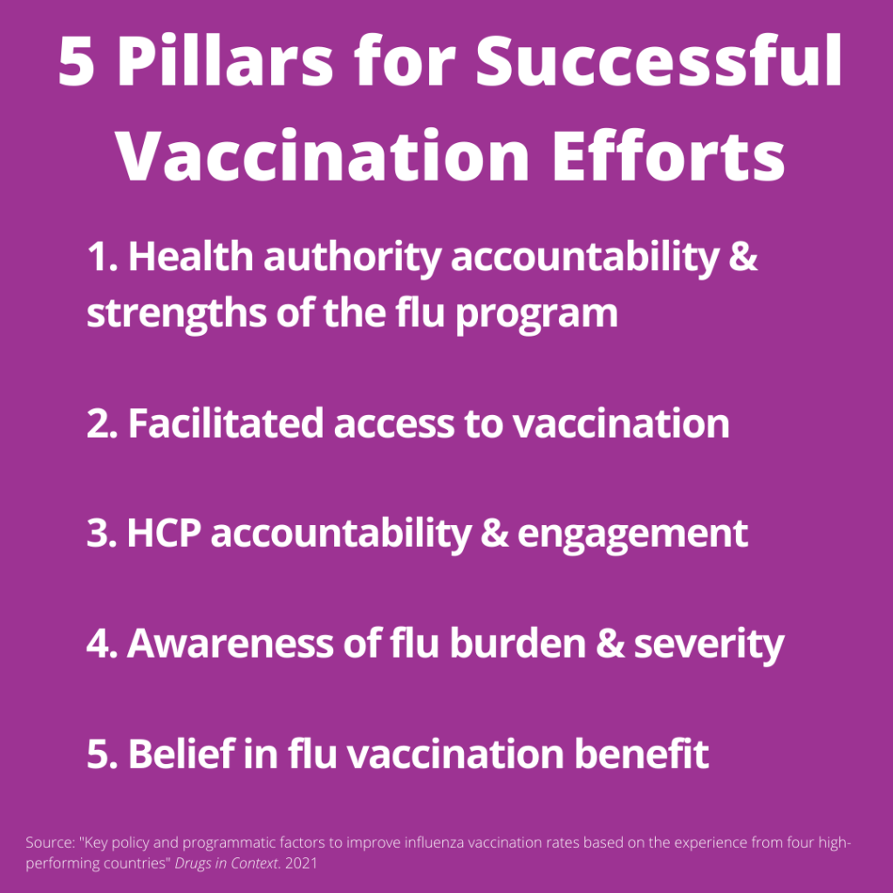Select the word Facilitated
[x=229, y=423]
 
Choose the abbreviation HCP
[x=163, y=533]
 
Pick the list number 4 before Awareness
[x=99, y=644]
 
